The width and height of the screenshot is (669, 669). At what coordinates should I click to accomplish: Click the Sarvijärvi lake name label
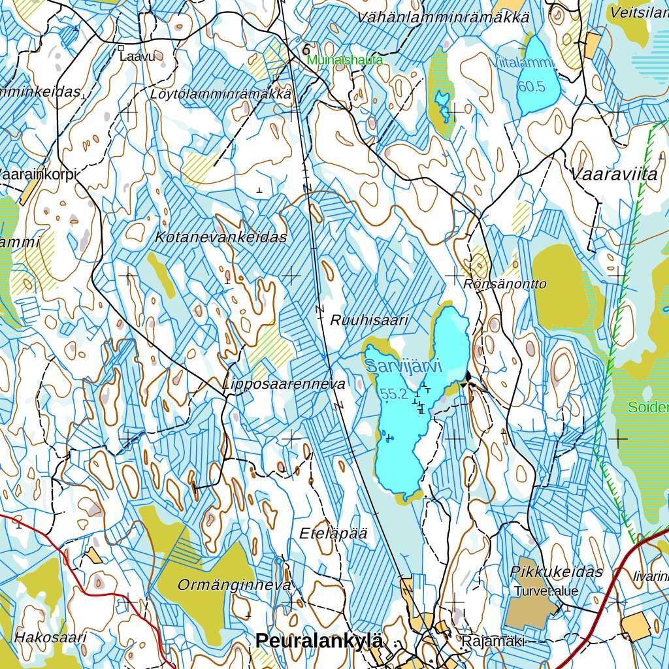tap(403, 366)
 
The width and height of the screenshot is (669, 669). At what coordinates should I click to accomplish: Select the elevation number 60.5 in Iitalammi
tap(531, 86)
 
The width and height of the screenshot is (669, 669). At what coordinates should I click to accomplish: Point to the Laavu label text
tap(139, 57)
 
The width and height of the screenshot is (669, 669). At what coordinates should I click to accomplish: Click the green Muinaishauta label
tap(345, 60)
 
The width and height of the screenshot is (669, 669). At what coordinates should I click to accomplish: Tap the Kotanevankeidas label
tap(221, 237)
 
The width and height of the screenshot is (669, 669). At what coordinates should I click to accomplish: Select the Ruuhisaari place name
tap(369, 320)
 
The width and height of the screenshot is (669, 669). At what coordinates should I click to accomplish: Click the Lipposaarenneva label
tap(284, 384)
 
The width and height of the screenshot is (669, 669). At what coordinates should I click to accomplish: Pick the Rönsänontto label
tap(505, 284)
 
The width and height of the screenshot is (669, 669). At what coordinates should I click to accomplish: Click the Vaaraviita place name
tap(613, 174)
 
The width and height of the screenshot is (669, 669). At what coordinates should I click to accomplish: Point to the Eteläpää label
tap(333, 533)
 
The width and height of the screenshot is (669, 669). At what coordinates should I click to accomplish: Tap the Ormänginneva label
tap(234, 585)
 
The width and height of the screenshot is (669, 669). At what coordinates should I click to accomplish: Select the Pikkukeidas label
tap(557, 572)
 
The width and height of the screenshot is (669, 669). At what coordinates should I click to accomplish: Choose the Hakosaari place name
tap(50, 637)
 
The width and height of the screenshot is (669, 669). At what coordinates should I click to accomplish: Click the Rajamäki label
tap(493, 642)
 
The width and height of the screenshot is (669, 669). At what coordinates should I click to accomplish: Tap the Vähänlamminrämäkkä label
tap(443, 18)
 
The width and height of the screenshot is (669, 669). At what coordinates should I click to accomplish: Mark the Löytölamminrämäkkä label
tap(220, 93)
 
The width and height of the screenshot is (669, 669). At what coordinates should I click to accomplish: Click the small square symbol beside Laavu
tap(121, 48)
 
